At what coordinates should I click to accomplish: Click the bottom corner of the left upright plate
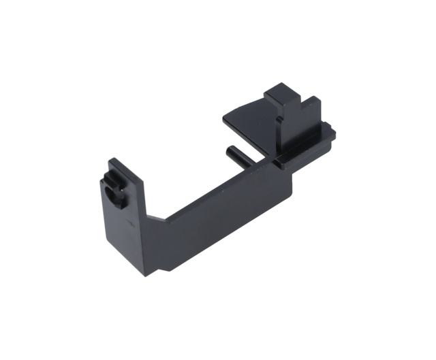pos(144,275)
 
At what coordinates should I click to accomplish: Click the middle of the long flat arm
pos(218,211)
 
